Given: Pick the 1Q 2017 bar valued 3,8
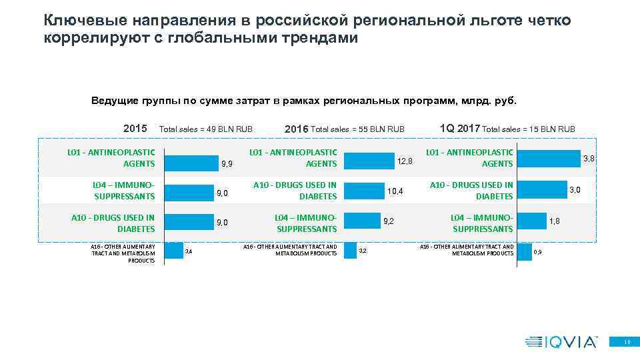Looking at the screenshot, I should pyautogui.click(x=548, y=158).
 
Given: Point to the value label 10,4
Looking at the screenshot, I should pyautogui.click(x=395, y=191).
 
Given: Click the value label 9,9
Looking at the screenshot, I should pyautogui.click(x=226, y=164).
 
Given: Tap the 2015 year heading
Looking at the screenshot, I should pyautogui.click(x=135, y=128).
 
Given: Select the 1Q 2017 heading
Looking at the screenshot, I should pyautogui.click(x=460, y=128).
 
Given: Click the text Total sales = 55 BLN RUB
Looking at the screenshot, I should pyautogui.click(x=358, y=129).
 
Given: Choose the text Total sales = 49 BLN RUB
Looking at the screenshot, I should pyautogui.click(x=206, y=129).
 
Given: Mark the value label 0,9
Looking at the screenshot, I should pyautogui.click(x=538, y=251).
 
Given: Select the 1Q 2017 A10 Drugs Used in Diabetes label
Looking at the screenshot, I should pyautogui.click(x=471, y=190).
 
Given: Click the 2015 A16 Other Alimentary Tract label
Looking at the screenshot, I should pyautogui.click(x=123, y=253).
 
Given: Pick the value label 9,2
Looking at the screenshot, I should pyautogui.click(x=387, y=221).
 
